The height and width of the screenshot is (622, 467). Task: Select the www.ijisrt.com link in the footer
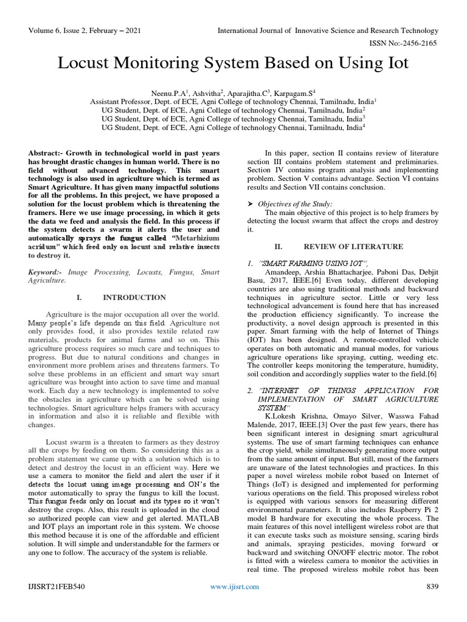click(234, 603)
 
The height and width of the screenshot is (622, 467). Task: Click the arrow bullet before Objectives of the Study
click(251, 203)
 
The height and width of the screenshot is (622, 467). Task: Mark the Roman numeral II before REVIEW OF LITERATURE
click(279, 247)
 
